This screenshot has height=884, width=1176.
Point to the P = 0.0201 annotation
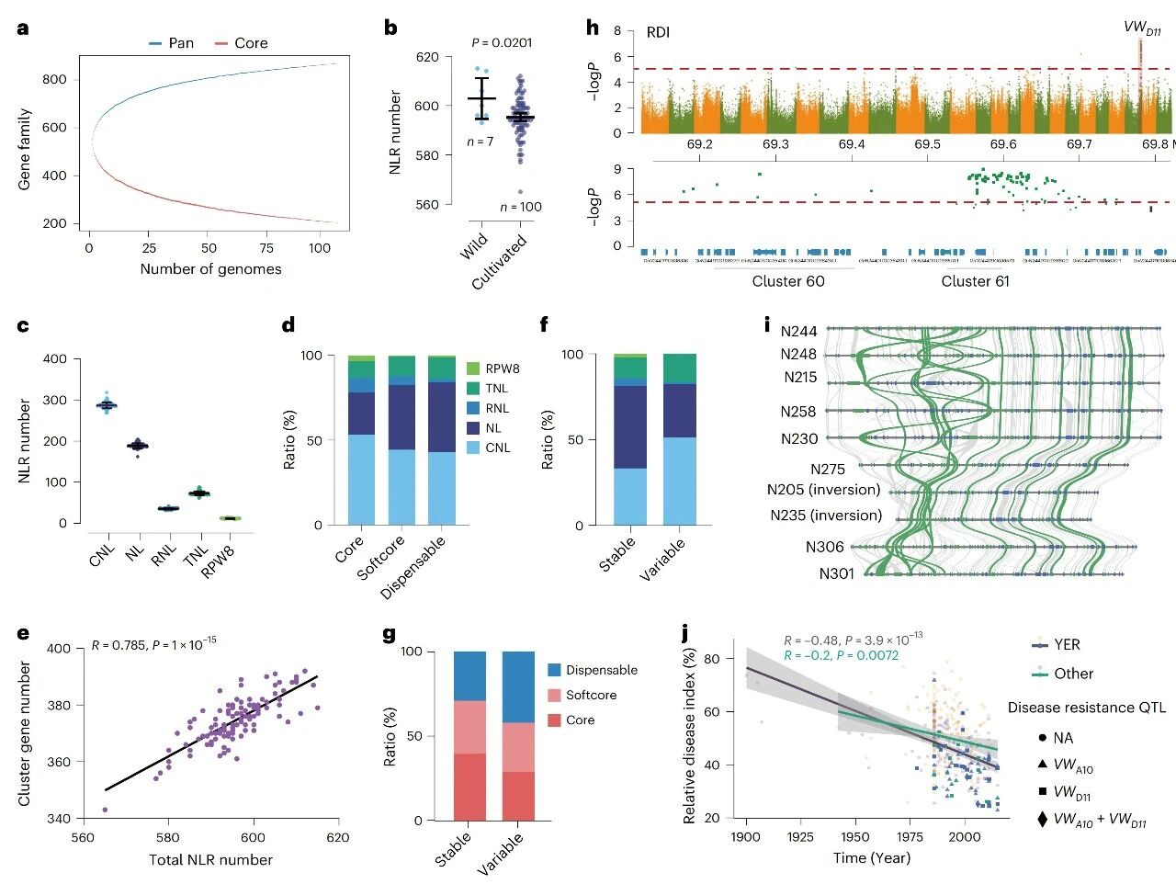[502, 42]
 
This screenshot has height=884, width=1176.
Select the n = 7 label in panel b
[480, 142]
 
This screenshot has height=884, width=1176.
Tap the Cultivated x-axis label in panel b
[501, 263]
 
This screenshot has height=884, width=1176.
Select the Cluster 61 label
[975, 281]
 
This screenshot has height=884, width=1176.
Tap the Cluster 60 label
[788, 281]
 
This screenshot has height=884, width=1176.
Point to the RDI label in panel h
[658, 33]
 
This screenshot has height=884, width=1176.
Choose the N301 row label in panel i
[837, 574]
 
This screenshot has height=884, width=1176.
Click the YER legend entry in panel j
[1067, 644]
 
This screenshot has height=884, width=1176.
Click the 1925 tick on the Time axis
[801, 837]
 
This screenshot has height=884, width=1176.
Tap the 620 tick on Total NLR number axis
[338, 837]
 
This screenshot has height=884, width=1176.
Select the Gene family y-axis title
[25, 150]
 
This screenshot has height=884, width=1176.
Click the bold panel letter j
[685, 633]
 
